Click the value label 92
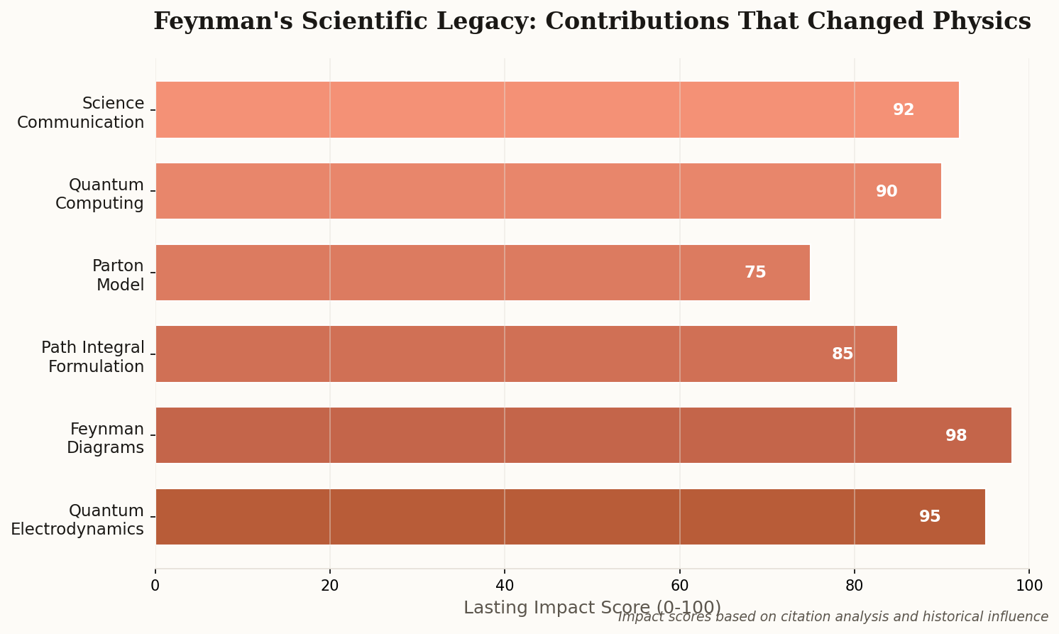click(x=904, y=110)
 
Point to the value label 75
click(x=755, y=273)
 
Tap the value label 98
click(x=956, y=436)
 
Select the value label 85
click(x=843, y=354)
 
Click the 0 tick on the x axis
click(x=155, y=585)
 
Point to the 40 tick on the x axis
click(x=505, y=585)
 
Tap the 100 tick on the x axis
click(x=1029, y=585)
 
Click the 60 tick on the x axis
click(x=679, y=585)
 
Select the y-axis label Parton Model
click(x=118, y=275)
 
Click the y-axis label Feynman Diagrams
click(x=106, y=438)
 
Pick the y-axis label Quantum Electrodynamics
click(x=77, y=520)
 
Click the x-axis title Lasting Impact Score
click(x=592, y=608)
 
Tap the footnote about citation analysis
click(x=833, y=617)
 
